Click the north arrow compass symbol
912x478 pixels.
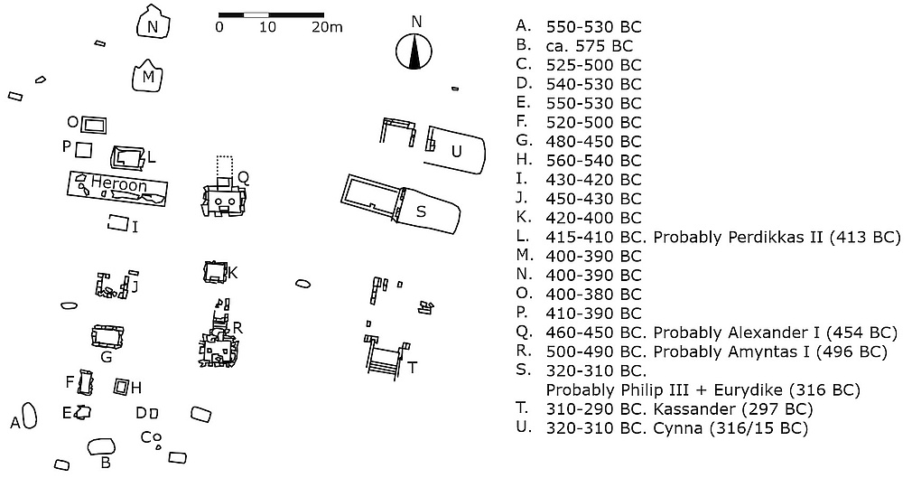click(x=415, y=52)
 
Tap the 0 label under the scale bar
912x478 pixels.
click(x=219, y=28)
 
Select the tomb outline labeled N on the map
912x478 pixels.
click(x=153, y=24)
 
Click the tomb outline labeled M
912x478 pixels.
click(x=148, y=77)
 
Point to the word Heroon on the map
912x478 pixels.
click(x=118, y=183)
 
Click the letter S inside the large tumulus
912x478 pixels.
click(x=420, y=211)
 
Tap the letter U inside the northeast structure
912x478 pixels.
click(x=456, y=151)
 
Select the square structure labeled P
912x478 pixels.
click(x=84, y=148)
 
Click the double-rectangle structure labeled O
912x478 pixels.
click(x=94, y=124)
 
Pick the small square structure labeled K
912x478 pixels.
click(x=215, y=271)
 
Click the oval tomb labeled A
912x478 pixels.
click(x=29, y=417)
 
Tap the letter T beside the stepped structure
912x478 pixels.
click(x=412, y=368)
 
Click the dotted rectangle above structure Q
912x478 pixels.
click(x=224, y=166)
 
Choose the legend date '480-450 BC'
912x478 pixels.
click(x=593, y=141)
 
